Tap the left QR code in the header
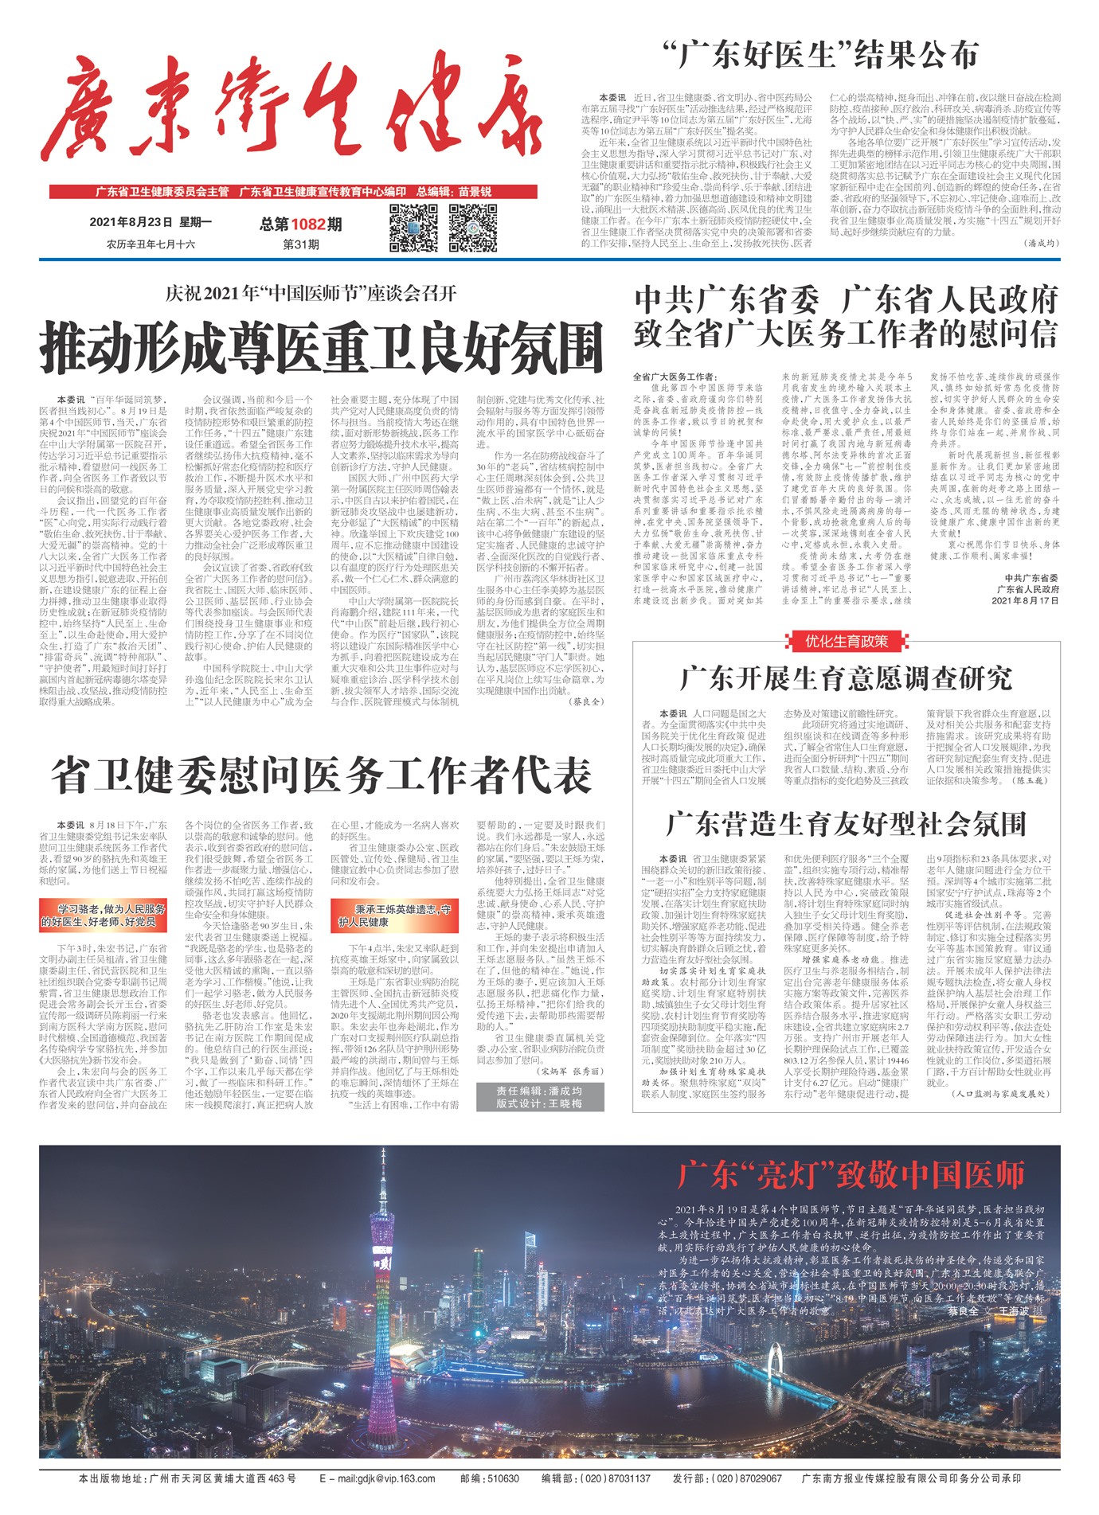[414, 228]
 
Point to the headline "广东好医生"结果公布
[820, 56]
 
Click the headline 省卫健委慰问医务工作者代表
[322, 775]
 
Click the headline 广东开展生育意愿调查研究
[846, 678]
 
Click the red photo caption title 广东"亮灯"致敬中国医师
[851, 1175]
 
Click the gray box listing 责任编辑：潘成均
[539, 1096]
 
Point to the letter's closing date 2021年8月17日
[1026, 600]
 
